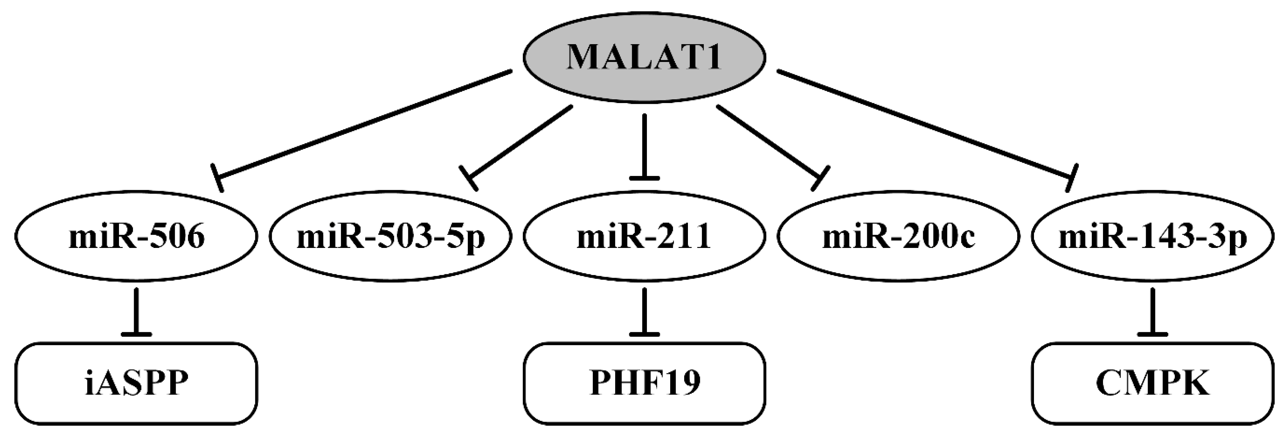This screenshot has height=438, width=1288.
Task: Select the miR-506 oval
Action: click(136, 236)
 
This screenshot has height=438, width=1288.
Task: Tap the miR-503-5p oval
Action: click(390, 236)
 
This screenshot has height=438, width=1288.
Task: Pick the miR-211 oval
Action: click(644, 236)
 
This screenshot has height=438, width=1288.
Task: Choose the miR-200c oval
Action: click(899, 236)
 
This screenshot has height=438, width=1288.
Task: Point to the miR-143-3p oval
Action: click(1153, 236)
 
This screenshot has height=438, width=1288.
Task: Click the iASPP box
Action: click(136, 384)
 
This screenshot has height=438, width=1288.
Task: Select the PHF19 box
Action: click(645, 384)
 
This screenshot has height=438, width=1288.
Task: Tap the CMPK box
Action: click(1153, 384)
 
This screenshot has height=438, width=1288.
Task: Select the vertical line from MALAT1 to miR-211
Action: click(645, 145)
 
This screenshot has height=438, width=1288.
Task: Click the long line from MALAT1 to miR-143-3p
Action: click(925, 125)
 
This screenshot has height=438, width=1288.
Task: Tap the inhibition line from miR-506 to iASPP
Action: click(136, 310)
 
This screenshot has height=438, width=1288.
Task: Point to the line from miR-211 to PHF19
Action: click(645, 310)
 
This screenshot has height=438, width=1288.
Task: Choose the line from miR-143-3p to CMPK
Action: click(1153, 310)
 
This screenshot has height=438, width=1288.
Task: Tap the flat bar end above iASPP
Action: click(136, 334)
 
